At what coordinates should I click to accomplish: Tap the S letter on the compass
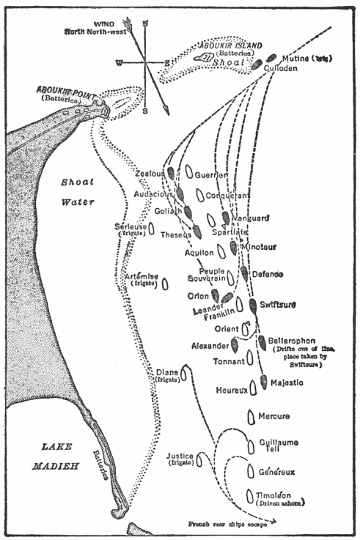click(x=145, y=111)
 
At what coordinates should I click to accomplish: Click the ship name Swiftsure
click(x=280, y=301)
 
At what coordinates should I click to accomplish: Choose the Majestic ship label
click(x=287, y=382)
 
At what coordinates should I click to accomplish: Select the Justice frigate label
click(x=180, y=459)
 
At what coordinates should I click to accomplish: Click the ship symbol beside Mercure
click(x=251, y=415)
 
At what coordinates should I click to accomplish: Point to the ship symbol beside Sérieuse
click(x=151, y=228)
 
